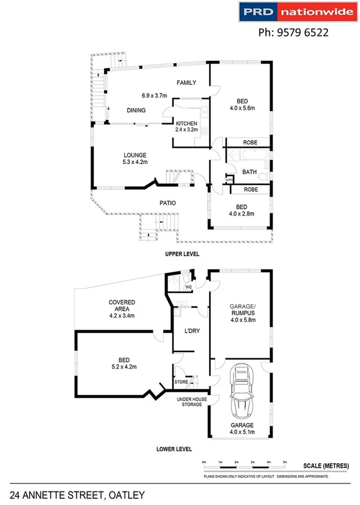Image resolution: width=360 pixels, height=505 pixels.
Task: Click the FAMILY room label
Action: click(x=186, y=83)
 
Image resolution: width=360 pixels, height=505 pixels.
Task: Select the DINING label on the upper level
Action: click(x=137, y=110)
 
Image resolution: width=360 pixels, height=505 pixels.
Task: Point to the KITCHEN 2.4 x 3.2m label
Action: click(x=186, y=126)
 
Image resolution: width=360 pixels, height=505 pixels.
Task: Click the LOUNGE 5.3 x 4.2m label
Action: click(x=135, y=158)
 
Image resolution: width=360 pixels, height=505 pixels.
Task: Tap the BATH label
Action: click(x=249, y=172)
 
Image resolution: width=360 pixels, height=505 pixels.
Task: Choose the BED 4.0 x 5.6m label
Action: click(x=242, y=104)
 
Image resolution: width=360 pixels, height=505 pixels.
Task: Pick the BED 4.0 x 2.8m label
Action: click(x=242, y=210)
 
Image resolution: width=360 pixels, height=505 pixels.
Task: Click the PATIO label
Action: click(x=167, y=203)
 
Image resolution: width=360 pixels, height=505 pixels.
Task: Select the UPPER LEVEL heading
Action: click(x=181, y=253)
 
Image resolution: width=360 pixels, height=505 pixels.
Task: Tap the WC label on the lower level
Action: click(x=189, y=288)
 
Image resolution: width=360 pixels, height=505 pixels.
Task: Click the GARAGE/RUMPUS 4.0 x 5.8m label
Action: click(x=242, y=314)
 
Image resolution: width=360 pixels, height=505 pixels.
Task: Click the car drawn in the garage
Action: click(x=242, y=392)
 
